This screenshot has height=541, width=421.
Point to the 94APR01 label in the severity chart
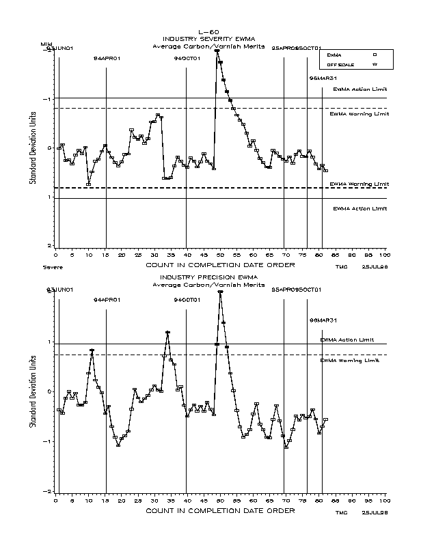pos(107,59)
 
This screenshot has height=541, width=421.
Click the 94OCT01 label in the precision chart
pos(187,300)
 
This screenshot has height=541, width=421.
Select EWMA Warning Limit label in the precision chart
pos(349,360)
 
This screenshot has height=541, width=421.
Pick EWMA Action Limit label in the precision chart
pos(347,339)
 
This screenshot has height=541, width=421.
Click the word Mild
pos(46,44)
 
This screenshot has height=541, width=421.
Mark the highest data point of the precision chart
pos(220,292)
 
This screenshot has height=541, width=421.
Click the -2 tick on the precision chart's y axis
pos(49,491)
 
